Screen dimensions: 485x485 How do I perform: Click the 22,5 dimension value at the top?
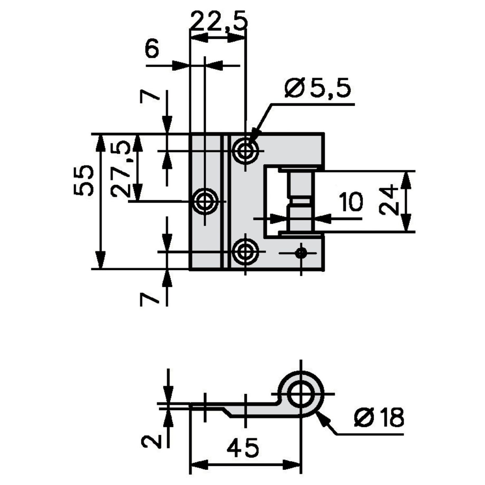[x=219, y=21]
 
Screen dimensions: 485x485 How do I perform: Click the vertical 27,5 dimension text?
[x=120, y=170]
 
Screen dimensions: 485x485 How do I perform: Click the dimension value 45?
[x=243, y=448]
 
